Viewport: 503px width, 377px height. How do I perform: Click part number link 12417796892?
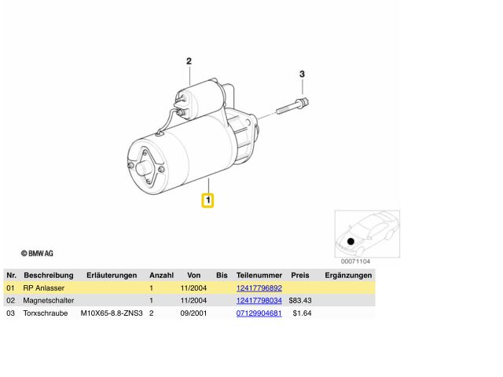pos(259,288)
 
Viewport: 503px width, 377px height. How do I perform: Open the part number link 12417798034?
pos(259,300)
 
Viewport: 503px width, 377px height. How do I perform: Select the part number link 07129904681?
pos(259,313)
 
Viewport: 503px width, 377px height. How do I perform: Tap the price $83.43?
pos(300,300)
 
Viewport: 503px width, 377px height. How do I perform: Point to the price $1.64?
pos(302,313)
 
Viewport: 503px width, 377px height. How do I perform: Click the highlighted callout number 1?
pos(207,200)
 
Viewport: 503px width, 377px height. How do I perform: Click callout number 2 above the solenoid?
pos(189,61)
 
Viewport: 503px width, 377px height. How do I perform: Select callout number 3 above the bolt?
pos(302,74)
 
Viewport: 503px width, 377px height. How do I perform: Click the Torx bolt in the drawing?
pos(292,107)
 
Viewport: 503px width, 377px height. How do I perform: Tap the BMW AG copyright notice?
pos(37,253)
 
